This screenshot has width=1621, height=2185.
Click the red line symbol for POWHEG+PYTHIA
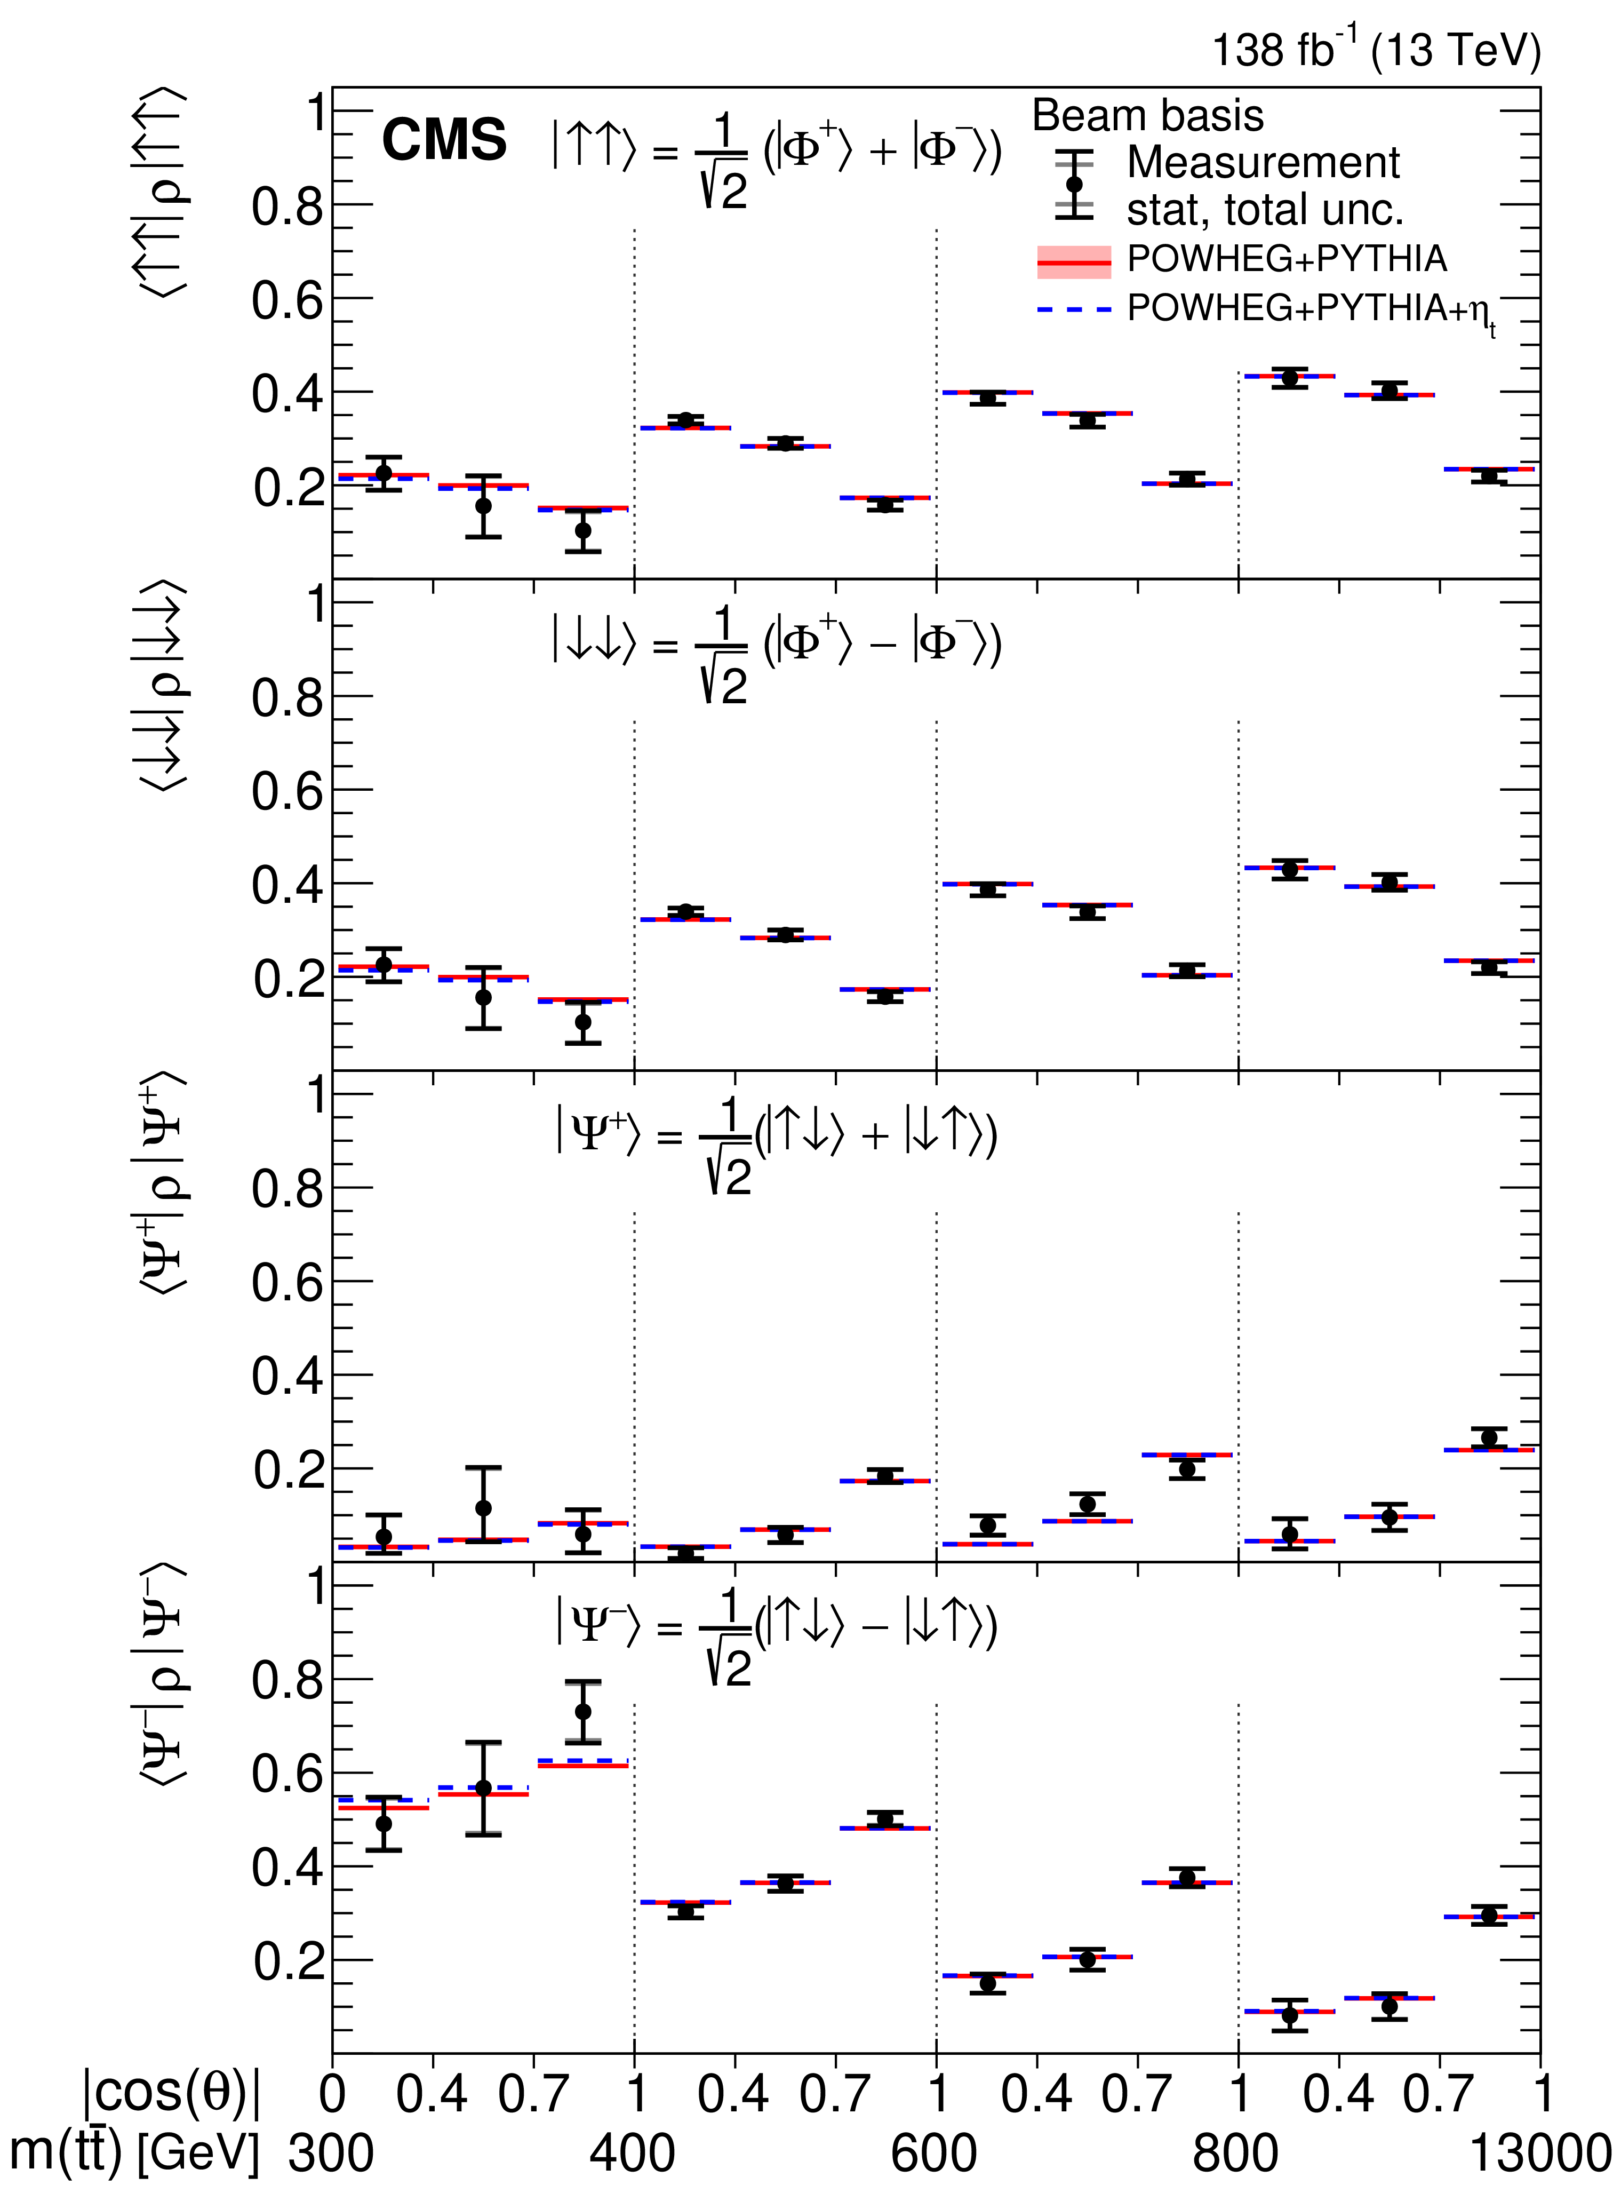1074,262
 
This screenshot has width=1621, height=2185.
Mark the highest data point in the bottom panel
583,1711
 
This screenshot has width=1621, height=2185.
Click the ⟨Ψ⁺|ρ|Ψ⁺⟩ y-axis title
162,1183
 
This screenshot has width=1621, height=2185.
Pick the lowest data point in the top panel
583,531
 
